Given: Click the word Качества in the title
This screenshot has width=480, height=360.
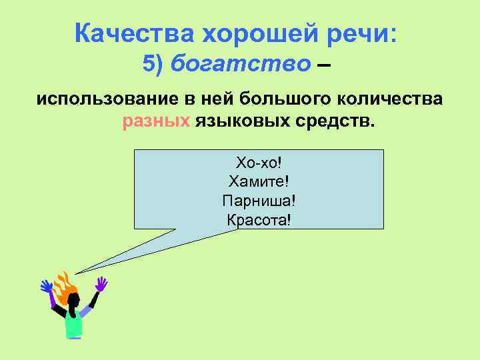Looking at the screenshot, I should point(119,31).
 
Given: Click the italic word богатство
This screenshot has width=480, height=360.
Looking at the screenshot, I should point(241,64).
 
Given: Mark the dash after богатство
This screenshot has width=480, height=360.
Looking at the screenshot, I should point(323,65).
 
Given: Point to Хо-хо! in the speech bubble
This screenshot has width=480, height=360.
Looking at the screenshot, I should point(259,162).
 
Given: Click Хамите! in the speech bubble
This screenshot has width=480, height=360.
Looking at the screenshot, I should point(259,181).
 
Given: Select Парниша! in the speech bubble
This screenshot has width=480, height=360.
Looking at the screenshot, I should point(259,200).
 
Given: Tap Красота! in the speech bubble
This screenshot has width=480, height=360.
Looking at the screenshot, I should point(259,219).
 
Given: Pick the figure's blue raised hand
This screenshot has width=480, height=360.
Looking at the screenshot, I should point(47,287).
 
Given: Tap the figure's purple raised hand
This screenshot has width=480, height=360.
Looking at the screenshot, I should point(101,284).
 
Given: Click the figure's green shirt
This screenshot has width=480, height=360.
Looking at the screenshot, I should point(73,324).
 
